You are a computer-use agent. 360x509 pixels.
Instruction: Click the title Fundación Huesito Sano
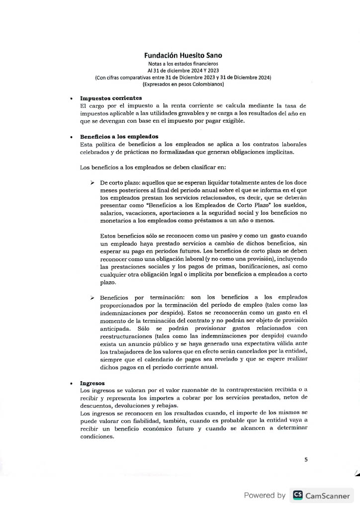183,56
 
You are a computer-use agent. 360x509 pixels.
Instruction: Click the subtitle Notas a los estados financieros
183,64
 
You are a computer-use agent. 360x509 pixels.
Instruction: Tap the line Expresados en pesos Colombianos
183,85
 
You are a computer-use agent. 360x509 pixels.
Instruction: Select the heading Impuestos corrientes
111,98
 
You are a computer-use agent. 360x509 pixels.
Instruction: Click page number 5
306,460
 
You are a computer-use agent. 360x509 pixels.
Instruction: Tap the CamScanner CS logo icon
298,495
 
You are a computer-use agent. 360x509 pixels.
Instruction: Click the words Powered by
265,496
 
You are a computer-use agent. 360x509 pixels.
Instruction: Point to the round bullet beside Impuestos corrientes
73,98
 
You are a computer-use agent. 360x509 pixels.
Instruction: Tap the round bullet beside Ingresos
73,384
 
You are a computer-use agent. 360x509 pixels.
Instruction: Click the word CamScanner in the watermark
329,496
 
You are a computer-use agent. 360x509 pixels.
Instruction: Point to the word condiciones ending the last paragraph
97,437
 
